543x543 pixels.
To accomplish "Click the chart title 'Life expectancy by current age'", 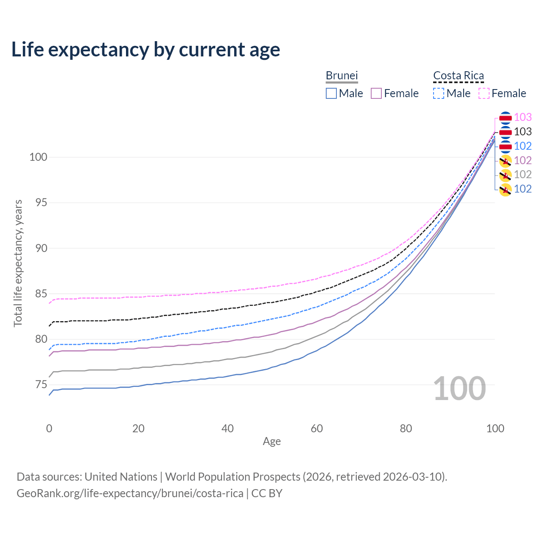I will coord(146,50).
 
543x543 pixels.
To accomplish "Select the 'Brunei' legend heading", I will coord(341,76).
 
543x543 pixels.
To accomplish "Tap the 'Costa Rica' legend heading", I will coord(458,76).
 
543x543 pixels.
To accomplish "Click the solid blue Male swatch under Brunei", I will coord(331,93).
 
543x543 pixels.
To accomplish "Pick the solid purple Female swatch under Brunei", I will coord(376,93).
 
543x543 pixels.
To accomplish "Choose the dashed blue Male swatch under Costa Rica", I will coord(439,93).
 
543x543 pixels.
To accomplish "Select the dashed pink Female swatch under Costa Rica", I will coord(484,93).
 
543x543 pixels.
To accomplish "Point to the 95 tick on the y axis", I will coord(38,203).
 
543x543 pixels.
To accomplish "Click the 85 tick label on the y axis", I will coord(38,294).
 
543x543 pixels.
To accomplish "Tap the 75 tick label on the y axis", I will coord(38,385).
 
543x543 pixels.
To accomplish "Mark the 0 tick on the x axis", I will coord(49,428).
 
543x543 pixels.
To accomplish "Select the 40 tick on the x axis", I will coord(228,428).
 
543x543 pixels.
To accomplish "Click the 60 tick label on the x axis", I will coord(317,428).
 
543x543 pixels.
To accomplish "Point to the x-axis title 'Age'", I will coord(271,442).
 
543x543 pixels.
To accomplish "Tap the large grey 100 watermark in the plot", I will coord(459,389).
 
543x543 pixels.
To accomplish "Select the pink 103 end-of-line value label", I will coord(523,118).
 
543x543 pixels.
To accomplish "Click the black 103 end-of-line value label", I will coord(523,132).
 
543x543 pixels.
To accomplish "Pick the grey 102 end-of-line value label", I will coord(523,174).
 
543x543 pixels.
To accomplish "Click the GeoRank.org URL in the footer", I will coord(130,493).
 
